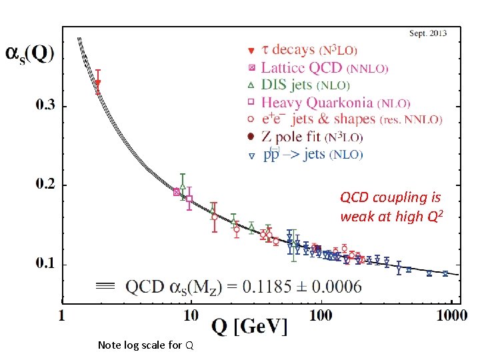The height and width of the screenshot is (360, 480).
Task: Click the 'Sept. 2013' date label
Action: pyautogui.click(x=427, y=33)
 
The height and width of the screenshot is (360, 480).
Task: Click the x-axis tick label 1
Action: pyautogui.click(x=63, y=316)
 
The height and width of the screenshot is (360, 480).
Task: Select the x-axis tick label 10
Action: pyautogui.click(x=191, y=316)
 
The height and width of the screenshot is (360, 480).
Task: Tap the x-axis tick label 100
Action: pyautogui.click(x=321, y=316)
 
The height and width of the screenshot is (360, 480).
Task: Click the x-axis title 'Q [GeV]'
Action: pyautogui.click(x=249, y=327)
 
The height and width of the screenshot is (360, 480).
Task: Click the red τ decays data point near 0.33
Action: pyautogui.click(x=98, y=83)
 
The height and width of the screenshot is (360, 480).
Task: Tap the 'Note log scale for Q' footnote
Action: pyautogui.click(x=145, y=345)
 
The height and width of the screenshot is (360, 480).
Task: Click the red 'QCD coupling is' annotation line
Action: pyautogui.click(x=390, y=197)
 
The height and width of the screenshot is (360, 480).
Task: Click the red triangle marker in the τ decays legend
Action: pyautogui.click(x=251, y=51)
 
